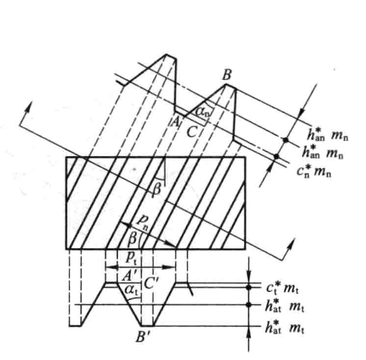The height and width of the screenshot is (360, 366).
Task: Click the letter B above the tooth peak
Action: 227,75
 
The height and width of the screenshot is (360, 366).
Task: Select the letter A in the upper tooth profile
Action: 175,121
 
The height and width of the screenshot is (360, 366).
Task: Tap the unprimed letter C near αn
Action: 192,132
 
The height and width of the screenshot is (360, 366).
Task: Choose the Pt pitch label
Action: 131,258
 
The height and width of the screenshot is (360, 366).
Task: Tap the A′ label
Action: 128,276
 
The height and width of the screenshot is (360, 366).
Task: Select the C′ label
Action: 151,283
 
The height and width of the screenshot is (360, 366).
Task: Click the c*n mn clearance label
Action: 314,171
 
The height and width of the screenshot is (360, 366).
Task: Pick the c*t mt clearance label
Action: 283,288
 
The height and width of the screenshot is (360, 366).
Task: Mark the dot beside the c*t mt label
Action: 249,287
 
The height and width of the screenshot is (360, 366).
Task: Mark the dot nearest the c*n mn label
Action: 276,156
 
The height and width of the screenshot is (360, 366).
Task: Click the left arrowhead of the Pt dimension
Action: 111,267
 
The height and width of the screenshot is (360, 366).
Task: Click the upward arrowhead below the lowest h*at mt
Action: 249,332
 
